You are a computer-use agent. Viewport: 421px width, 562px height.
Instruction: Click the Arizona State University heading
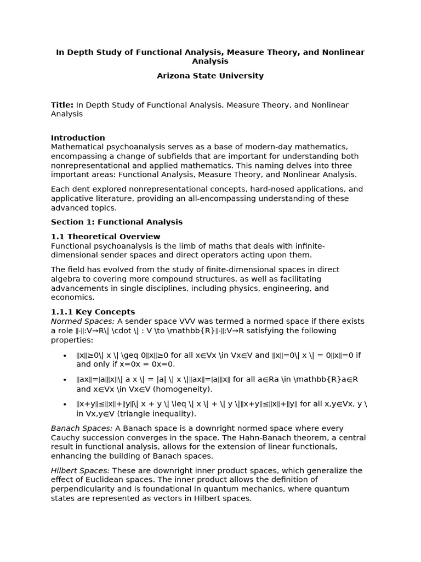[210, 76]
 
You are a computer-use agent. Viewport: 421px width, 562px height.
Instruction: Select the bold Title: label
[62, 105]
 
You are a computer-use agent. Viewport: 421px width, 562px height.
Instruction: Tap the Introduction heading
[78, 138]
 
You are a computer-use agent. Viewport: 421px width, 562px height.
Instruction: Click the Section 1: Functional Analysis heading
[116, 222]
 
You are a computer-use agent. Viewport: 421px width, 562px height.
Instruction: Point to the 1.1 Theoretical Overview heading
[105, 237]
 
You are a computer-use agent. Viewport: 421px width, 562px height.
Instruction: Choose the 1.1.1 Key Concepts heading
[93, 312]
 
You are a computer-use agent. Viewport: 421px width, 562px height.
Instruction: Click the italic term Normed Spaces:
[83, 321]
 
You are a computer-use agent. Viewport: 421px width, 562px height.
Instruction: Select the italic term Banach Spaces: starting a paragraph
[82, 428]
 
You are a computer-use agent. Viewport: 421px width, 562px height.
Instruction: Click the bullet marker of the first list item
[65, 356]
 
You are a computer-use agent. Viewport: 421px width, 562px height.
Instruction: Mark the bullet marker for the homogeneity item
[65, 380]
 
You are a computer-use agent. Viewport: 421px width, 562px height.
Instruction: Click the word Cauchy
[65, 437]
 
